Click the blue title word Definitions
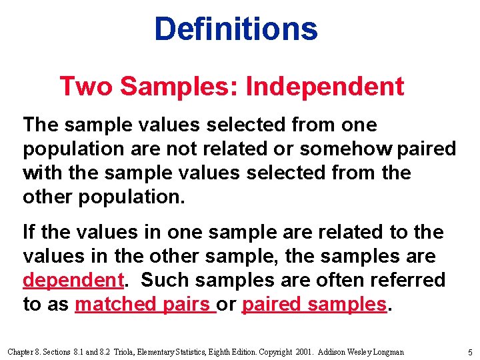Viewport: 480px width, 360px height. click(x=236, y=29)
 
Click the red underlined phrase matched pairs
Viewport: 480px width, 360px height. click(x=144, y=304)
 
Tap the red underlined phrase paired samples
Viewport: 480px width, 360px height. click(x=314, y=304)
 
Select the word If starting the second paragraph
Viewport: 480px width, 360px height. click(x=29, y=232)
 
